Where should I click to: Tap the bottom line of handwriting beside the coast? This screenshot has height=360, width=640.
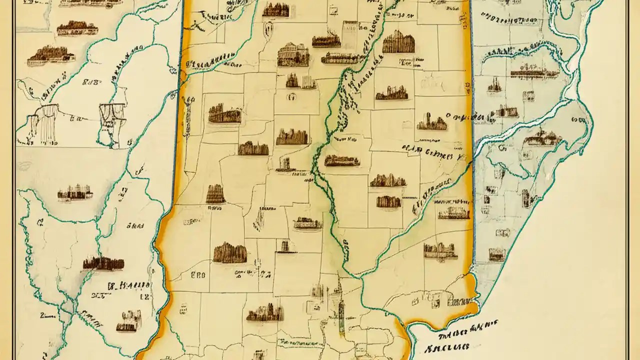(447, 346)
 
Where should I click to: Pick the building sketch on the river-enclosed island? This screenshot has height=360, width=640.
(542, 138)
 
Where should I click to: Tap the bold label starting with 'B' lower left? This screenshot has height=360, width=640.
(128, 285)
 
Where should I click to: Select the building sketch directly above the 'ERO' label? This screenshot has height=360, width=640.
(230, 253)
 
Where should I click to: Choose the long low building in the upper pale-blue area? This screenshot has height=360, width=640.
(534, 73)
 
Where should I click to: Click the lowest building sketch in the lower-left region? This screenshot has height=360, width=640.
(128, 321)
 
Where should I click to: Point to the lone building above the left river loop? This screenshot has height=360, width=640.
(74, 193)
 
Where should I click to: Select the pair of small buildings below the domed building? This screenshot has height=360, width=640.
(301, 81)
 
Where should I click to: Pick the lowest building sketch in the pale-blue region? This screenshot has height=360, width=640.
(497, 255)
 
